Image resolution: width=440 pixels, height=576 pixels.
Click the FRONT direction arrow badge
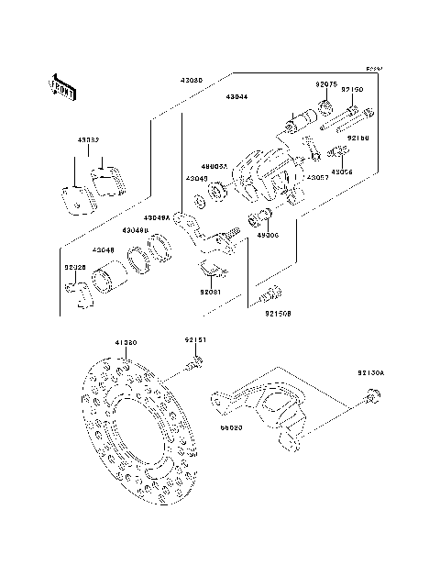(x=61, y=86)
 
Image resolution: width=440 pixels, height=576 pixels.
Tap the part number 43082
(x=88, y=140)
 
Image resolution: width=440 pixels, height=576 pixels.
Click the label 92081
(x=213, y=294)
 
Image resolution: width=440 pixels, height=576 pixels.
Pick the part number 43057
(x=318, y=177)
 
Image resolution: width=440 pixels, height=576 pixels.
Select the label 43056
(x=342, y=172)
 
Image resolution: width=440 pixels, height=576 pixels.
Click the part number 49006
(x=267, y=235)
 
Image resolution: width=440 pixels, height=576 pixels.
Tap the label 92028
(x=75, y=268)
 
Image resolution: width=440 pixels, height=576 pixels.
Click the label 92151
(x=196, y=340)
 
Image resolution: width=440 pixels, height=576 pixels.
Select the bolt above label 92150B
(x=269, y=294)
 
